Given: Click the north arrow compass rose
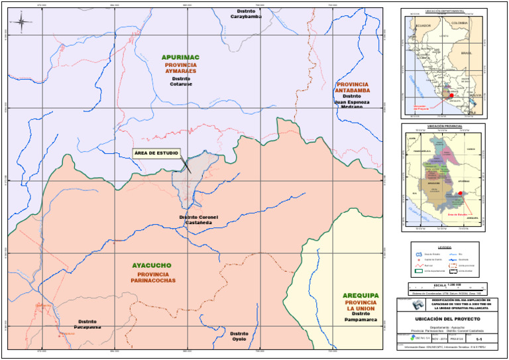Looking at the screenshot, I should click(21, 23).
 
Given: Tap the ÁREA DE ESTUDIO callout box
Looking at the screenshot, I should click(156, 153).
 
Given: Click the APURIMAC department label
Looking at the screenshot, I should click(180, 58).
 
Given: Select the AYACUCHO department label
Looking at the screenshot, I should click(152, 265).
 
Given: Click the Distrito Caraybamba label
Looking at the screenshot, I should click(246, 14).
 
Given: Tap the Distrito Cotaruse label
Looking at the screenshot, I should click(180, 82).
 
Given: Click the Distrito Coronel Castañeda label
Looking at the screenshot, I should click(198, 220).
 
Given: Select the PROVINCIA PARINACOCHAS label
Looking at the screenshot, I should click(152, 277).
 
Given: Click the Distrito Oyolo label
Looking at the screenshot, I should click(239, 336).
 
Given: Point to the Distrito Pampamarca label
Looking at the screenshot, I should click(361, 317).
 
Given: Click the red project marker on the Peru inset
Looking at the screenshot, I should click(451, 95).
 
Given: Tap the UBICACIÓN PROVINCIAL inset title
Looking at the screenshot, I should click(443, 126).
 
